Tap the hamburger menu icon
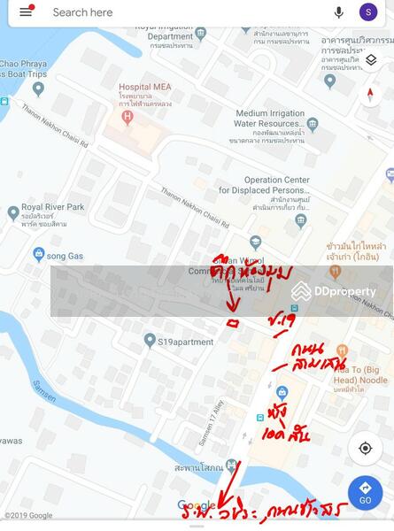[x=26, y=12]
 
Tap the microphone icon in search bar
[x=338, y=12]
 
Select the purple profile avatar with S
[x=368, y=12]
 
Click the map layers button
[x=371, y=60]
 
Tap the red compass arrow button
[x=371, y=95]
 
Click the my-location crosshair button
[x=365, y=449]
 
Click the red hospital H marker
[x=128, y=115]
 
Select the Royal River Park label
[x=51, y=213]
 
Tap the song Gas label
[x=65, y=256]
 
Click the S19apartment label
[x=185, y=342]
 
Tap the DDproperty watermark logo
[x=334, y=291]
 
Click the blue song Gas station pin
[x=39, y=255]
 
